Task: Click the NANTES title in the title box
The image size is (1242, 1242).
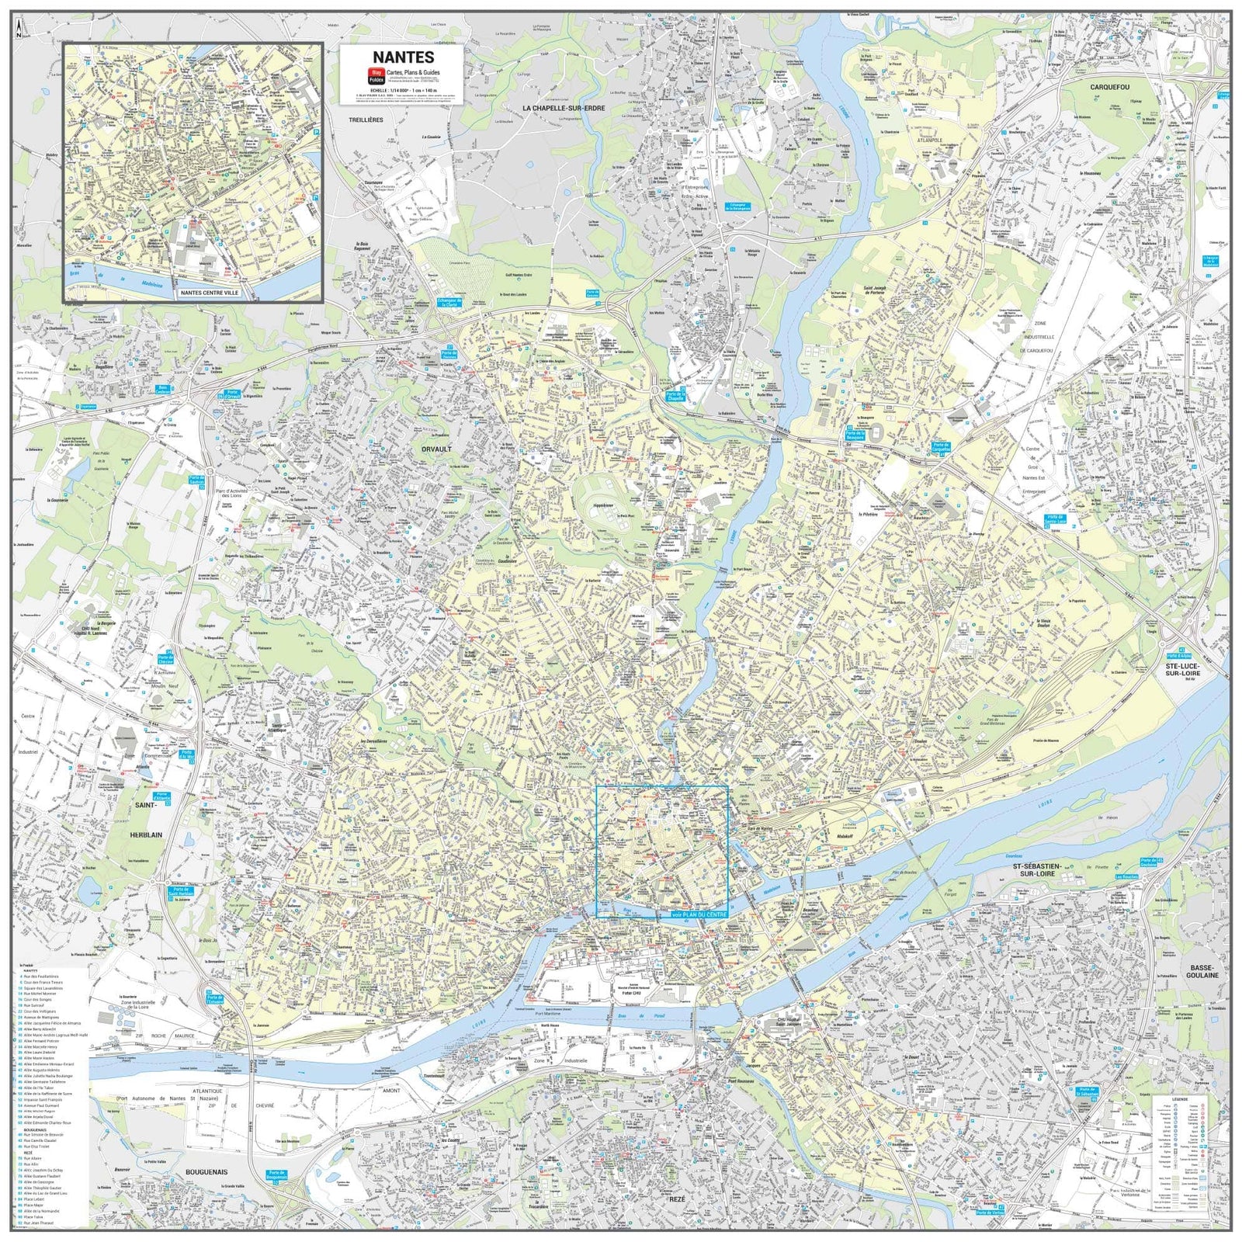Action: [x=403, y=57]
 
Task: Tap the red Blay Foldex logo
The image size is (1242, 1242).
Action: [x=376, y=76]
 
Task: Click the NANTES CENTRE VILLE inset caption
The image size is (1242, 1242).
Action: [x=210, y=293]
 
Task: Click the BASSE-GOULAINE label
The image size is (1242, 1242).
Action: [x=1203, y=970]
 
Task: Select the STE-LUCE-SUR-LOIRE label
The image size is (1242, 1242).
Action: [x=1181, y=669]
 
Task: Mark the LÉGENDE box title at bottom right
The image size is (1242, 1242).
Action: [x=1178, y=1098]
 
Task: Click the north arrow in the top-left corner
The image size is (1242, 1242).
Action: [x=19, y=29]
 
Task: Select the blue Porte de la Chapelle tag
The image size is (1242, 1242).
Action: [x=675, y=397]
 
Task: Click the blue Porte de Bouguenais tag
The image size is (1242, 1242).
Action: [x=276, y=1176]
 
